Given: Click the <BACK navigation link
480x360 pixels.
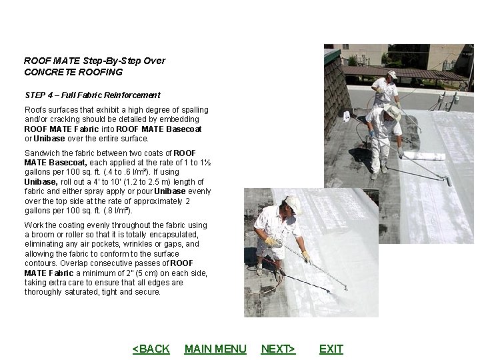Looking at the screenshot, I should point(151,349).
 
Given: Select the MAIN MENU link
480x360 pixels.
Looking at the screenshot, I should point(215,349).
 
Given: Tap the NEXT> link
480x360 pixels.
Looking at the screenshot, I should point(278,349).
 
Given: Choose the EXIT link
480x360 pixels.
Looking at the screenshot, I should point(331,349).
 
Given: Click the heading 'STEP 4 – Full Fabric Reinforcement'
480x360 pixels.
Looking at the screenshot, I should point(92,95).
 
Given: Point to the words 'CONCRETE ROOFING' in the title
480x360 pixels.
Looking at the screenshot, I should point(73,72).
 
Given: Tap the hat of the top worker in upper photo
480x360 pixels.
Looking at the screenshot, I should point(392,74).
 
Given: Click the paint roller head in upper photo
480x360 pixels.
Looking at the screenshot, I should point(449,180).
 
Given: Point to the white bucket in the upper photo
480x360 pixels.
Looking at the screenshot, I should point(347,116).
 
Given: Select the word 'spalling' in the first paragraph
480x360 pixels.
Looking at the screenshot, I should point(194,110).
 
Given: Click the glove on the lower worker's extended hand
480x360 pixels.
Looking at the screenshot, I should point(305,255).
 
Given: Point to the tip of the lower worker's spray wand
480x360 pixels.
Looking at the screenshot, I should point(346,288).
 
